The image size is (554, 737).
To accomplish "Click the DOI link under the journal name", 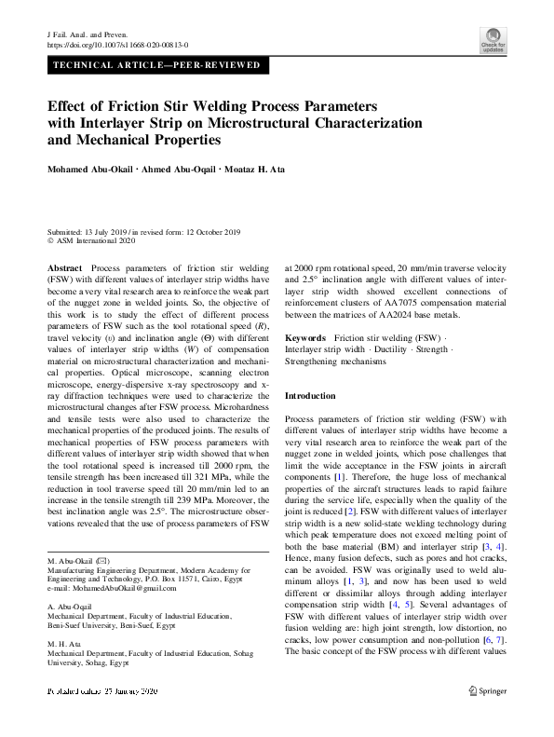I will pyautogui.click(x=117, y=44).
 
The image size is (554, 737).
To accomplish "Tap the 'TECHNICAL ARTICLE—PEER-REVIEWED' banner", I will pyautogui.click(x=158, y=66).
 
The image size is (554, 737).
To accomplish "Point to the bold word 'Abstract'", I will pyautogui.click(x=64, y=266).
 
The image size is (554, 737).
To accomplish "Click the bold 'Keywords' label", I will pyautogui.click(x=305, y=336).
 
